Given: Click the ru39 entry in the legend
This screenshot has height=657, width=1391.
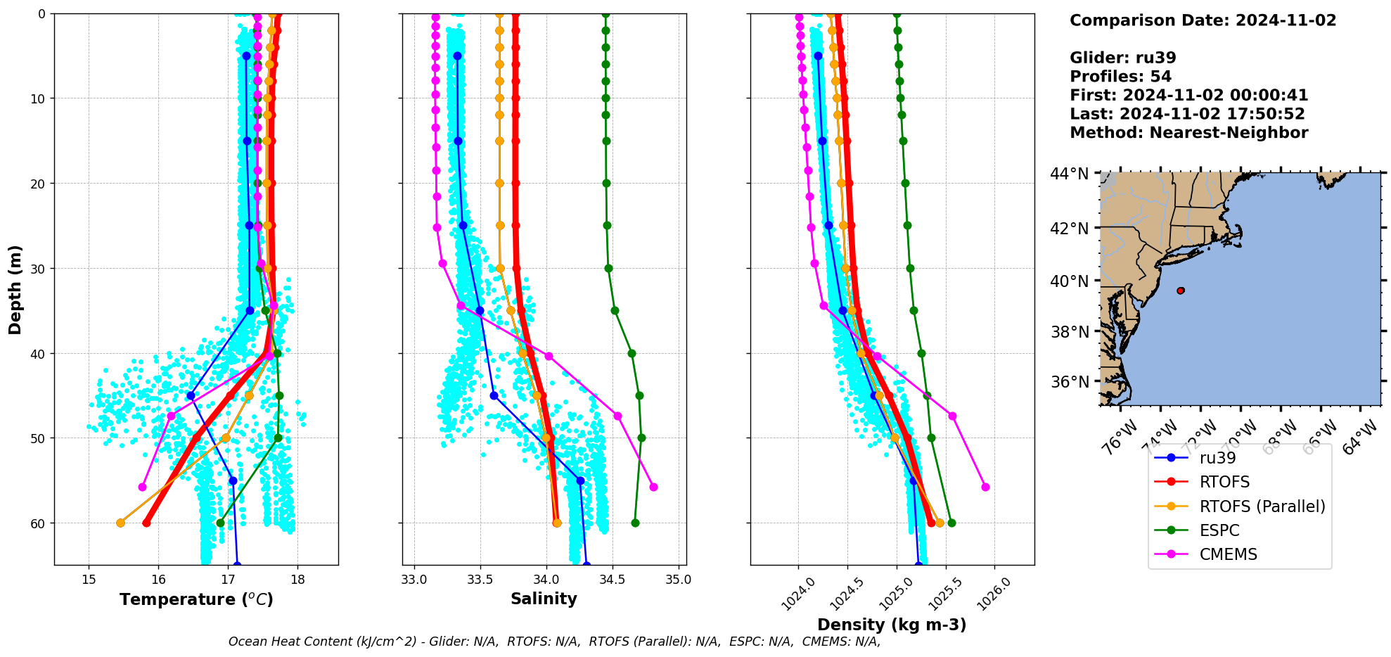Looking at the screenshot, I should tap(1217, 458).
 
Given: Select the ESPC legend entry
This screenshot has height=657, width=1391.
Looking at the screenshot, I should tap(1219, 530).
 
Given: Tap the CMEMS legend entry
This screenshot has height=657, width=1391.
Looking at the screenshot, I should tap(1228, 554).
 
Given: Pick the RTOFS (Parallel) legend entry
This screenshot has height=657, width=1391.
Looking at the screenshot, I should tap(1262, 506).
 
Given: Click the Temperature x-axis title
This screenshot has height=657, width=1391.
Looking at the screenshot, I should tap(196, 599).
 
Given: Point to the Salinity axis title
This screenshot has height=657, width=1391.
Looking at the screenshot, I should tap(544, 599).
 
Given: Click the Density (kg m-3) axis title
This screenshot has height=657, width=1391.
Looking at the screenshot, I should tap(892, 625).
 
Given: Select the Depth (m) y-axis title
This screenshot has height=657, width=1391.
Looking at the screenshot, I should tap(15, 290).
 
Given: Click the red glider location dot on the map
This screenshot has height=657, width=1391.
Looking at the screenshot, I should tap(1180, 291).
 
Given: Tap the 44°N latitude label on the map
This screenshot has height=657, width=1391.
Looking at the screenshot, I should tap(1069, 173).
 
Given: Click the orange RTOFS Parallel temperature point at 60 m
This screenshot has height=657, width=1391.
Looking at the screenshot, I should tap(120, 523).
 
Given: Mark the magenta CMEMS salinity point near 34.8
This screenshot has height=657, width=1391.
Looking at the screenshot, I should tap(653, 487).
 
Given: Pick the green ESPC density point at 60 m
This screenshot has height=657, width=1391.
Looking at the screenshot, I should tap(951, 523).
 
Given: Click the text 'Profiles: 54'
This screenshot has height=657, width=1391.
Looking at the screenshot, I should tap(1120, 77).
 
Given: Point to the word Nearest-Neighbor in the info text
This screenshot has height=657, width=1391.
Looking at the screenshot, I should tap(1229, 133).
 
